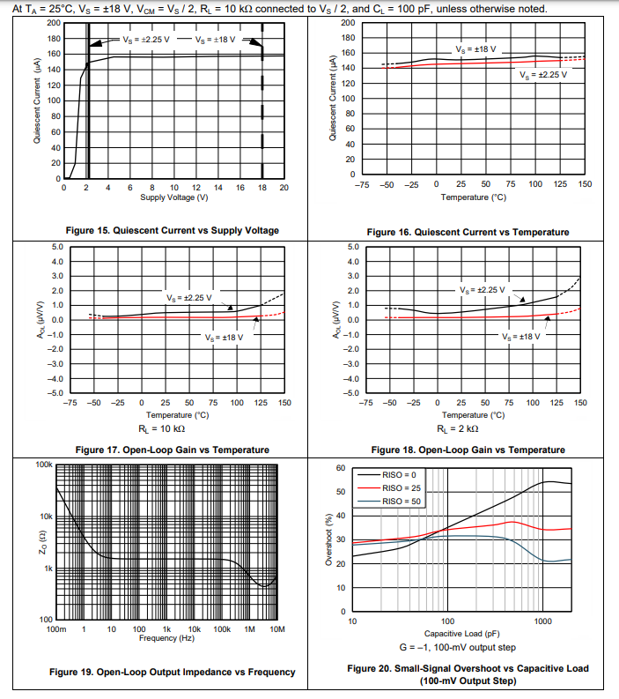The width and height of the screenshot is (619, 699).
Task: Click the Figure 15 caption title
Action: point(172,230)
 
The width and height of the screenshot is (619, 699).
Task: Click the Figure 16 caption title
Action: point(468,232)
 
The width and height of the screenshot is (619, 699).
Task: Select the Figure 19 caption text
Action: point(172,672)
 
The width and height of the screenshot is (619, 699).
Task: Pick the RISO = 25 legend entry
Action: point(407,487)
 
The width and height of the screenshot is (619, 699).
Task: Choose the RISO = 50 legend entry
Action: point(407,501)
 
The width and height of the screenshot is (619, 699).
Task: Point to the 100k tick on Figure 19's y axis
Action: point(44,464)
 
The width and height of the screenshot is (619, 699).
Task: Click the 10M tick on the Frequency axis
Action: point(276,628)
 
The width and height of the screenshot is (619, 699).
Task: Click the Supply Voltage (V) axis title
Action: point(173,197)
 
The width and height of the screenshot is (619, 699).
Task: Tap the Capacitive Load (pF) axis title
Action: point(461,633)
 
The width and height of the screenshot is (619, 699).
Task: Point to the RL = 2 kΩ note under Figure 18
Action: point(459,428)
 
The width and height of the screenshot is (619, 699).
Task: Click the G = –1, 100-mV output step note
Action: point(461,647)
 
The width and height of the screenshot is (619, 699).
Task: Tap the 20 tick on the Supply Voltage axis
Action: point(284,188)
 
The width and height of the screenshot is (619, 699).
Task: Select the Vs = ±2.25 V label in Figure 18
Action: point(483,290)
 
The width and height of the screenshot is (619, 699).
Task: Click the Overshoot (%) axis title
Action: point(330,539)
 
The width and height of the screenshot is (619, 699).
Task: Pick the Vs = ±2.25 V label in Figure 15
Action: point(144,41)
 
